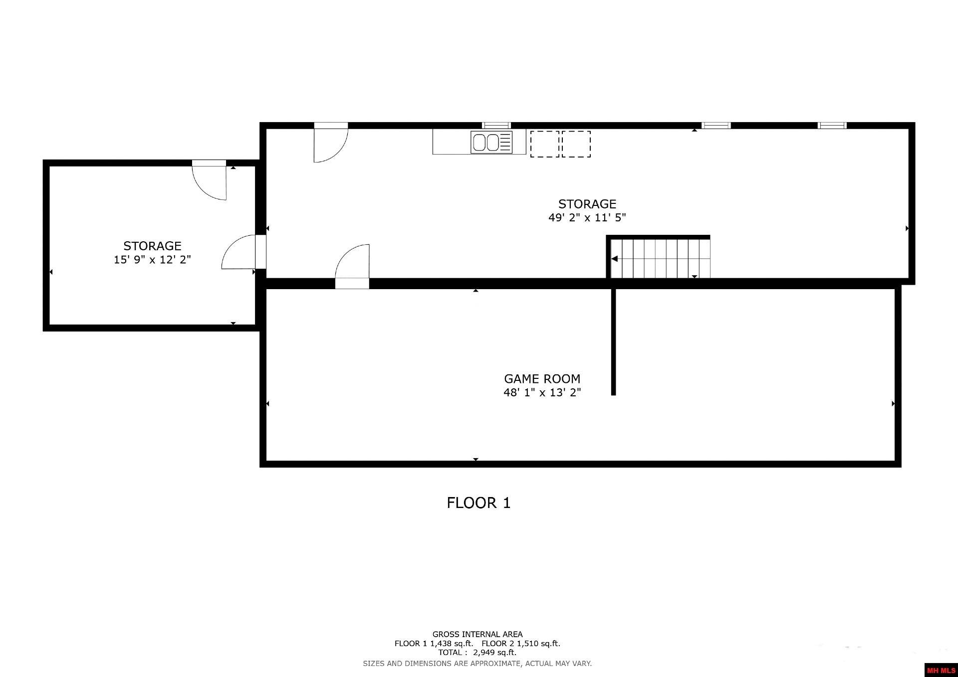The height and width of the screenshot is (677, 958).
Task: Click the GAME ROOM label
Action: (542, 379)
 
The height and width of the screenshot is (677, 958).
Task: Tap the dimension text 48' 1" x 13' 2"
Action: (542, 393)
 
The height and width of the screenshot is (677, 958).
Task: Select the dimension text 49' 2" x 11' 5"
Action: (587, 218)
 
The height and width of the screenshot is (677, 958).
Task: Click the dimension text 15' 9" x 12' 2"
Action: (152, 260)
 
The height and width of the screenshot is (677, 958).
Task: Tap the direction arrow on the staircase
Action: (615, 259)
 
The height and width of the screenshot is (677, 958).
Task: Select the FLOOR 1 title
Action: (479, 503)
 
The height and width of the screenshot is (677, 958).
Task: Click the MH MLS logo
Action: (941, 671)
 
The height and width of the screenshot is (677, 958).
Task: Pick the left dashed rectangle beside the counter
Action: (544, 144)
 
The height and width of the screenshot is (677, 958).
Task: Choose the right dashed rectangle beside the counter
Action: (576, 144)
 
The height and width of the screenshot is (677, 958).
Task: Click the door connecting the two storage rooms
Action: (239, 252)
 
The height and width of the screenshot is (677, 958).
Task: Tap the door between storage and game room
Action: (352, 264)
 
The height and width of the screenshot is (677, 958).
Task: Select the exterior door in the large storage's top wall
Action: (330, 143)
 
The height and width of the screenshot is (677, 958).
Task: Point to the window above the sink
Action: (496, 125)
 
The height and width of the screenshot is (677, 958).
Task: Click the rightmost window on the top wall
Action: (832, 125)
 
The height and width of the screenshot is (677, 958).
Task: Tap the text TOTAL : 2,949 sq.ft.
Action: (478, 653)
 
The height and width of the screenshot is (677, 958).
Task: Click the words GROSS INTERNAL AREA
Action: (478, 635)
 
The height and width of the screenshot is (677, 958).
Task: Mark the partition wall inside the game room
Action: (614, 342)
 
